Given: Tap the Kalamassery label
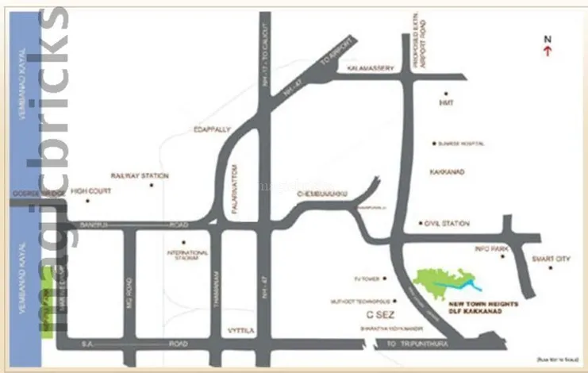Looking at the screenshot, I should coord(371,69).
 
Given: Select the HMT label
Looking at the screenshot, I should coord(444,103).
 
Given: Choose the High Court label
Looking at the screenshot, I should coord(89,190).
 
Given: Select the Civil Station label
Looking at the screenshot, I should coord(448,224).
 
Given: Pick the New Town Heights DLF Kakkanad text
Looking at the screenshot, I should coord(477,308).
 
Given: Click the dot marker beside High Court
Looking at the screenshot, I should coord(87,201).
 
